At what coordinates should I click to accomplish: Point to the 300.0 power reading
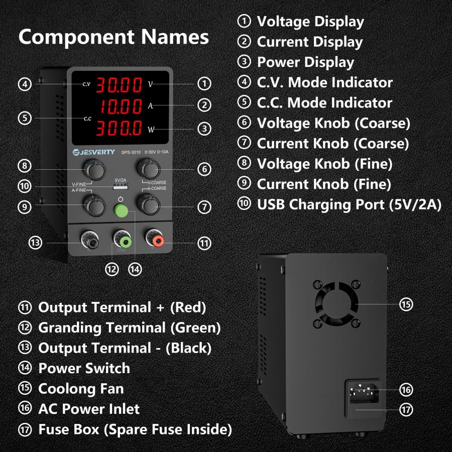click(119, 128)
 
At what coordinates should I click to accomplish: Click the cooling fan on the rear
click(335, 303)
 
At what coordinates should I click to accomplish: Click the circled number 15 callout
click(406, 304)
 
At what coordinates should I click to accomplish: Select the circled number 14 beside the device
click(135, 269)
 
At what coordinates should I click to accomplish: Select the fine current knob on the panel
click(93, 204)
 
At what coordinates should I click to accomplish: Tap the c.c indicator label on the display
click(87, 119)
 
